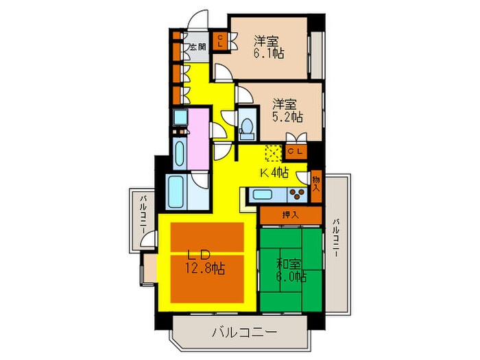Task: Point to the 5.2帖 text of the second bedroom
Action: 286,117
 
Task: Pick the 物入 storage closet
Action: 317,184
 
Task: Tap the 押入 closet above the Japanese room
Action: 290,215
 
